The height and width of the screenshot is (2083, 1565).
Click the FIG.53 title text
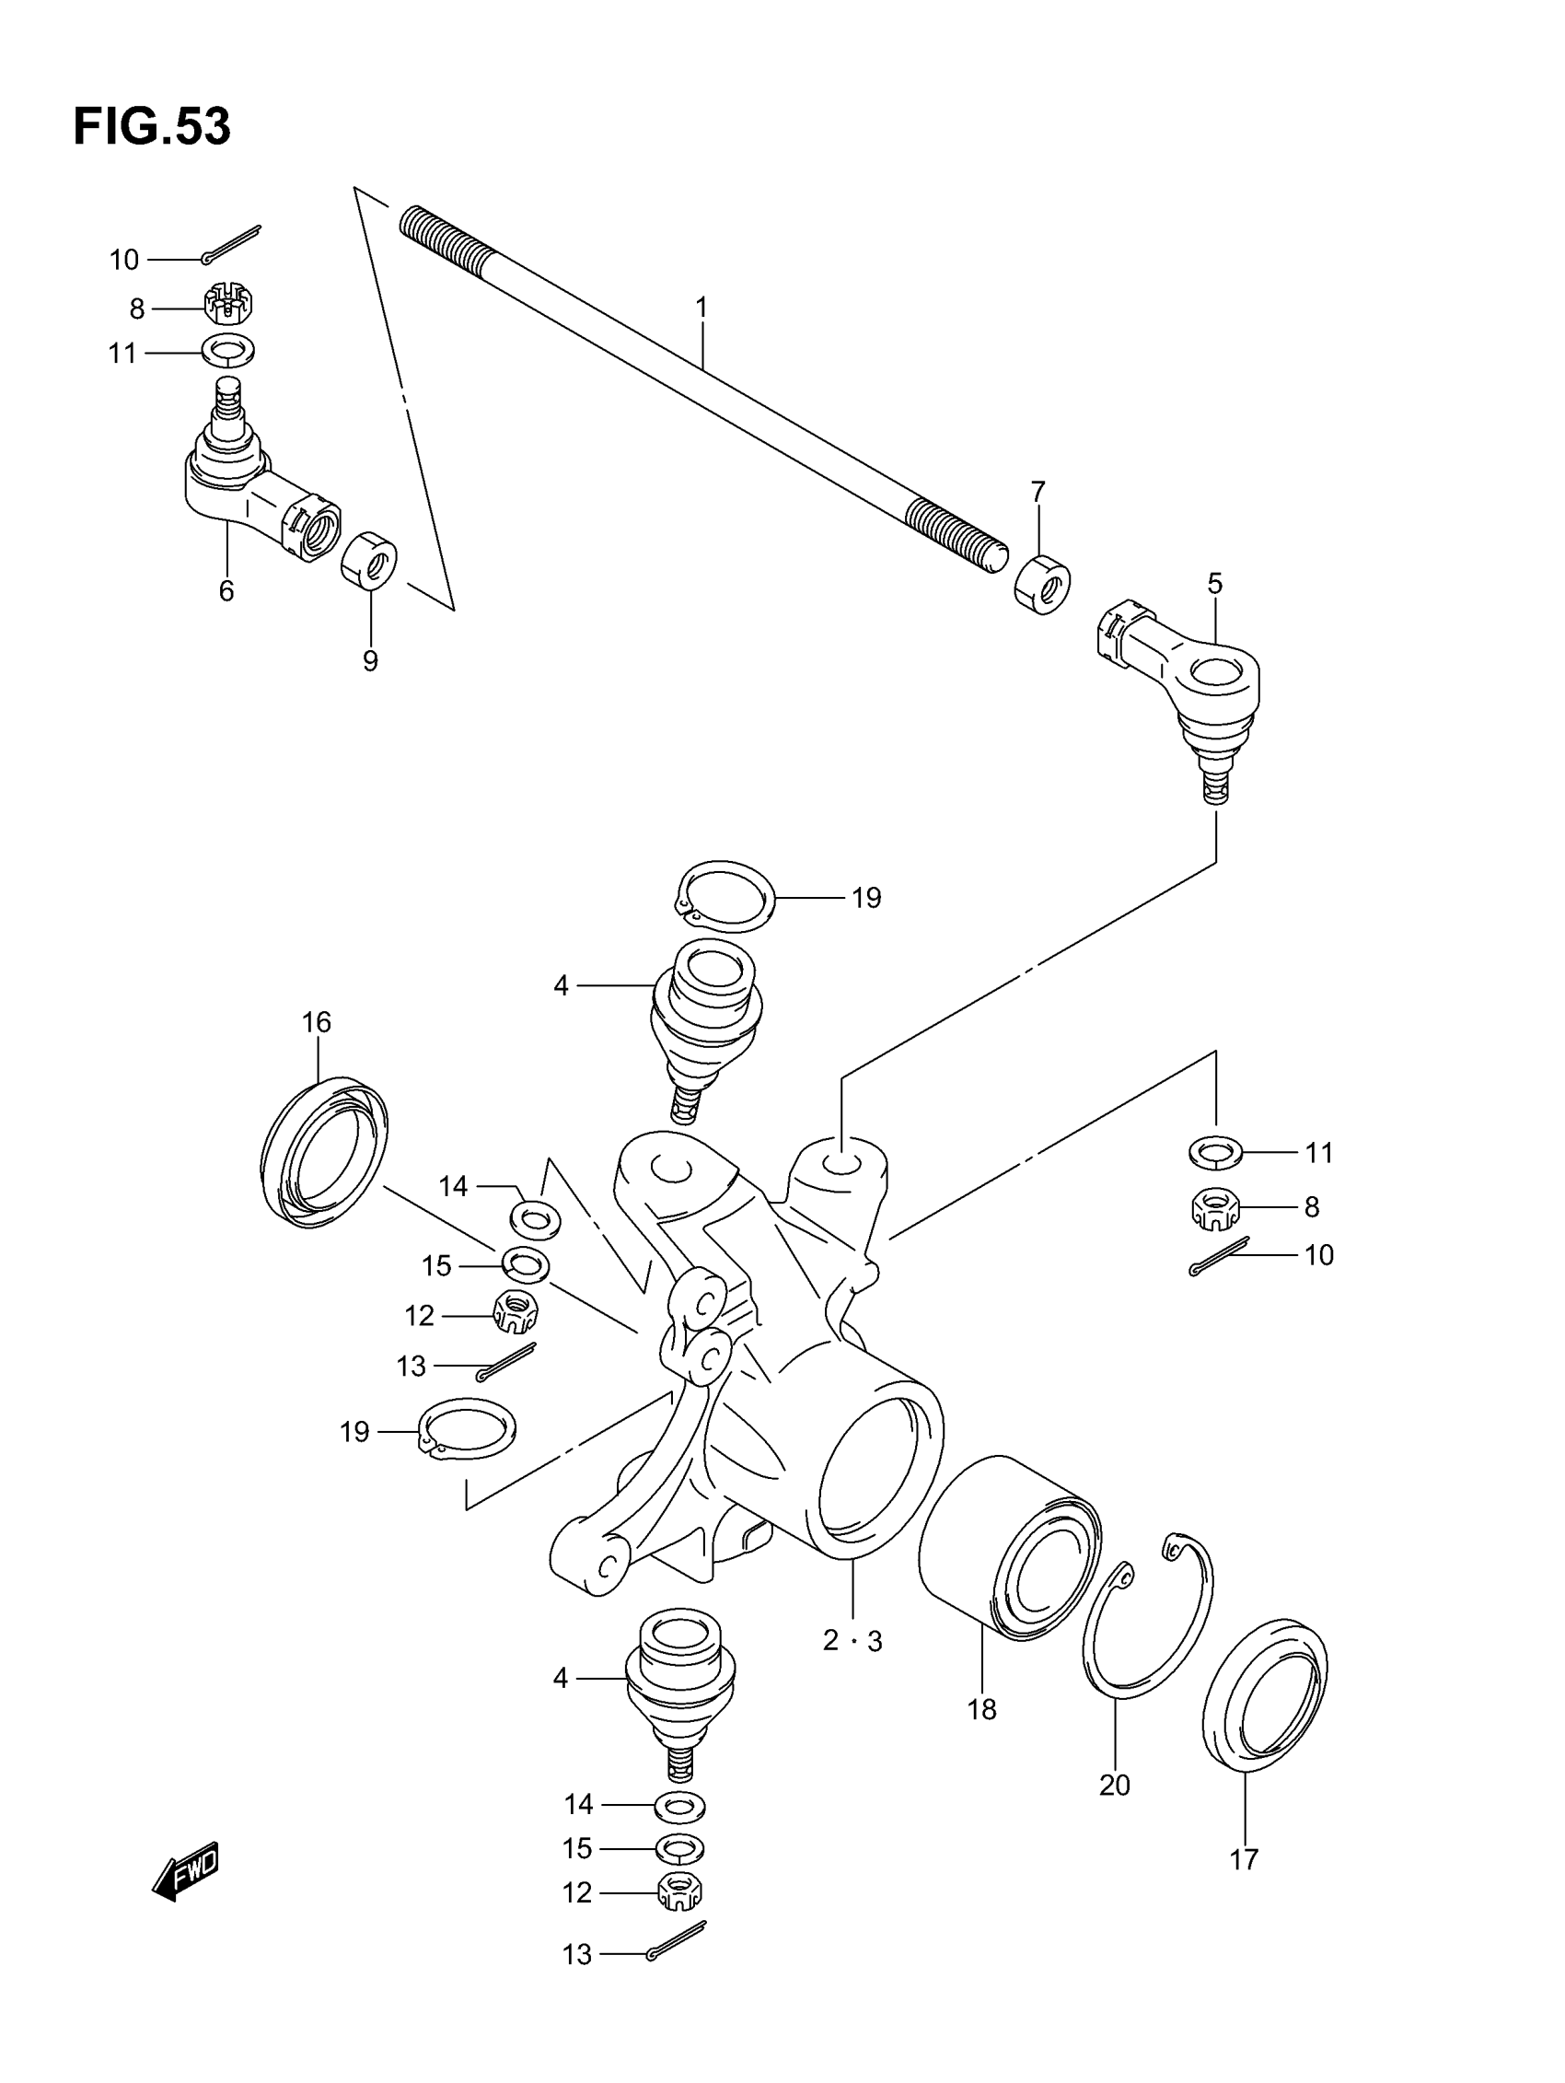tap(152, 127)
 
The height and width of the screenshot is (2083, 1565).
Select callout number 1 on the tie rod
tap(701, 307)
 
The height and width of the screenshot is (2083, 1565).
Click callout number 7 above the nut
tap(1038, 492)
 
